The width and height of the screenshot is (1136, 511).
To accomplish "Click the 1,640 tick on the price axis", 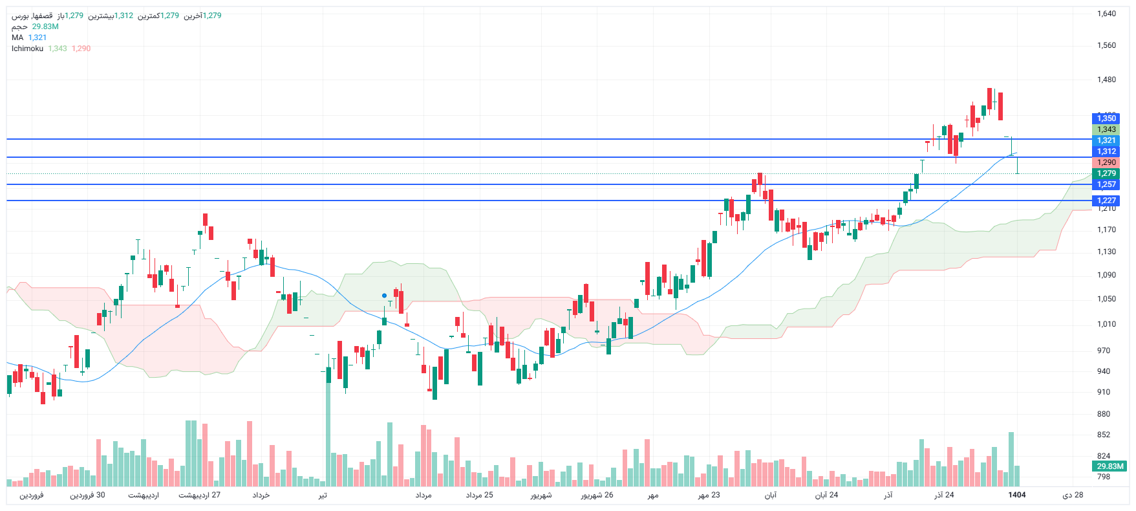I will pyautogui.click(x=1106, y=14).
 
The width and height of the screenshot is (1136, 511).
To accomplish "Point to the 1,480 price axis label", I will pyautogui.click(x=1106, y=80).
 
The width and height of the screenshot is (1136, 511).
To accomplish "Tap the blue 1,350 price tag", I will pyautogui.click(x=1106, y=118).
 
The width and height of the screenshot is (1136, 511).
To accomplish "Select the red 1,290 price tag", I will pyautogui.click(x=1106, y=162).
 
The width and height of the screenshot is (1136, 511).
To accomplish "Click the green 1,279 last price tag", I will pyautogui.click(x=1106, y=173).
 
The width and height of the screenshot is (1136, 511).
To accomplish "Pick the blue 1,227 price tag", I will pyautogui.click(x=1106, y=201).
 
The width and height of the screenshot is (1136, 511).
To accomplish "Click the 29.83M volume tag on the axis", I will pyautogui.click(x=1109, y=466).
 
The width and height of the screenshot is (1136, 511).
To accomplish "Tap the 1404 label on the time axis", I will pyautogui.click(x=1017, y=495).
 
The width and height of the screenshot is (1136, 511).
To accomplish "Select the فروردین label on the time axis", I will pyautogui.click(x=31, y=495).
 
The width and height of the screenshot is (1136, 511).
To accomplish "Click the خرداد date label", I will pyautogui.click(x=261, y=495).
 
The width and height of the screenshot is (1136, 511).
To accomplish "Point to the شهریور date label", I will pyautogui.click(x=541, y=495).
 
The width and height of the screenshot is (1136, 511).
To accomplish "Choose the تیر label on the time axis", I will pyautogui.click(x=322, y=495).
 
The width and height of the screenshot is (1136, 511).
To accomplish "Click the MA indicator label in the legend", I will pyautogui.click(x=17, y=38).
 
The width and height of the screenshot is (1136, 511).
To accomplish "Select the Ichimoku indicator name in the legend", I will pyautogui.click(x=27, y=49).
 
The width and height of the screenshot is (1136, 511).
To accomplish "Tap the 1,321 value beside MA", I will pyautogui.click(x=38, y=38).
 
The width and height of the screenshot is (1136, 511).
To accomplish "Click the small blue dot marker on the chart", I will pyautogui.click(x=384, y=296).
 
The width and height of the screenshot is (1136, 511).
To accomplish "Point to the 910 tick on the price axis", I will pyautogui.click(x=1103, y=392).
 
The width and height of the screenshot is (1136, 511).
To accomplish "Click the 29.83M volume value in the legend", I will pyautogui.click(x=45, y=27).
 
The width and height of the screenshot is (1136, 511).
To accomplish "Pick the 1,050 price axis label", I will pyautogui.click(x=1106, y=299).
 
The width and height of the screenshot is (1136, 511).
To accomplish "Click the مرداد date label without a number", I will pyautogui.click(x=423, y=495).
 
